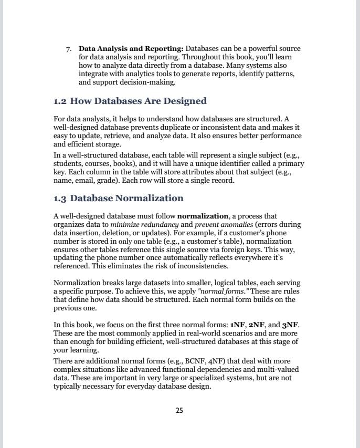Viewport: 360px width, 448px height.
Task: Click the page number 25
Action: point(179,410)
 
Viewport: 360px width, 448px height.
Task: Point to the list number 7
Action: point(69,49)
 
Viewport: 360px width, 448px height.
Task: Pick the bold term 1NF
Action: point(237,325)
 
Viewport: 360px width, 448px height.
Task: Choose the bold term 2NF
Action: point(257,325)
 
